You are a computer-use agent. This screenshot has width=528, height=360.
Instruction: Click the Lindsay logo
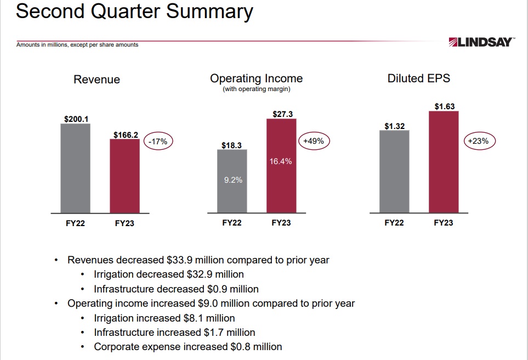481,42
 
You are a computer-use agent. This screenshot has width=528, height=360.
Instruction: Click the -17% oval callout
158,142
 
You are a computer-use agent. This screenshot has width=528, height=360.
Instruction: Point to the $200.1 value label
76,119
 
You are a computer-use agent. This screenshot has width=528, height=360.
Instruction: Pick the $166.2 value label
126,134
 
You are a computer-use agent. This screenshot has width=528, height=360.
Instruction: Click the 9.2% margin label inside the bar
232,180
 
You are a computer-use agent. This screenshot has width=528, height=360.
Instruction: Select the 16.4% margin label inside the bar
281,161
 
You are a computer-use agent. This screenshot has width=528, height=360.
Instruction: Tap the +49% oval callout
313,141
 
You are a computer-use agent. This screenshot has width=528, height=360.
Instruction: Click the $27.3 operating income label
283,114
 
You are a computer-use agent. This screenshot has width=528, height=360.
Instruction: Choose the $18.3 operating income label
231,145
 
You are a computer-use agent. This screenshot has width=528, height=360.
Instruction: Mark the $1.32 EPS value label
394,126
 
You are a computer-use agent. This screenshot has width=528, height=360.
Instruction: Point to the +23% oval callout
480,141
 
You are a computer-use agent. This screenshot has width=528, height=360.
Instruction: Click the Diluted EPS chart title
418,78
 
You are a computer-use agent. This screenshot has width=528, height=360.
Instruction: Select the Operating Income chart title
256,78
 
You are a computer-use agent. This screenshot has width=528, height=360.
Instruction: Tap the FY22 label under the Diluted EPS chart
394,223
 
